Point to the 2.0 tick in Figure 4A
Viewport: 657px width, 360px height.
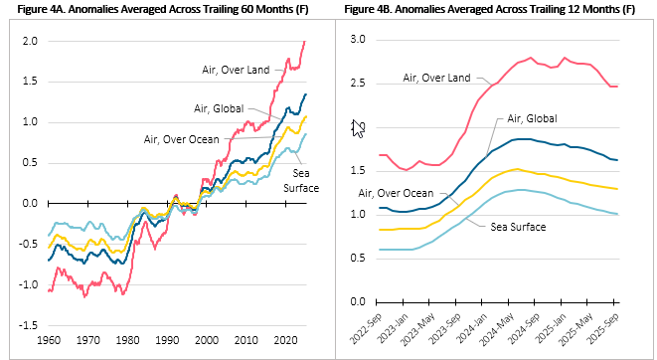[x=30, y=42]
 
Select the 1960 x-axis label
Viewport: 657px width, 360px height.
[x=48, y=341]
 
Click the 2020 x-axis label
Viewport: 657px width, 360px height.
[x=281, y=341]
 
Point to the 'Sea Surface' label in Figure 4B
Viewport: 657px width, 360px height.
[x=517, y=226]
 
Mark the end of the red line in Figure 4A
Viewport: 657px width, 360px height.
[x=305, y=41]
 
